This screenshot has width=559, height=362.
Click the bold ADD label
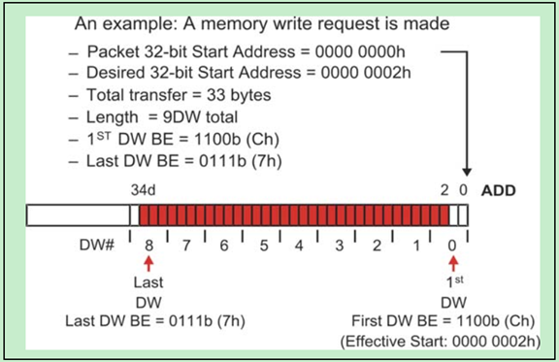[498, 190]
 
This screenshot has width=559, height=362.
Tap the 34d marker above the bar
[144, 190]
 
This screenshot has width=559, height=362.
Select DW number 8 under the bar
[149, 246]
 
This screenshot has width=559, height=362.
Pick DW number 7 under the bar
[187, 246]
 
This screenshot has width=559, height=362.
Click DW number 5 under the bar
[262, 246]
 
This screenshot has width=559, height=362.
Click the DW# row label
[97, 246]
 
